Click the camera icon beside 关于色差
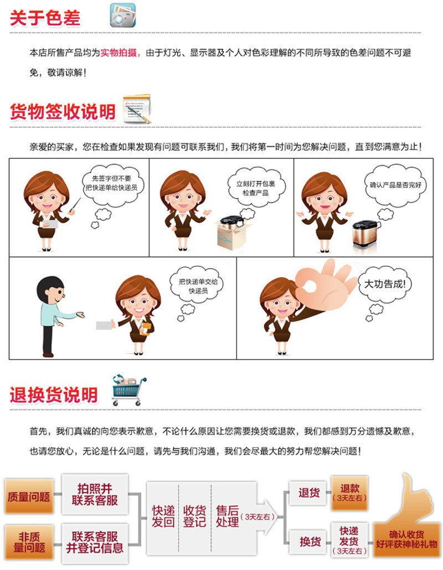coord(122,15)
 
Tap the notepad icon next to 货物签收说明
coord(137,109)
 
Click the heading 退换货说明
coord(54,395)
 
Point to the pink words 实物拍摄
coord(119,53)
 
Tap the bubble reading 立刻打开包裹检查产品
coord(256,188)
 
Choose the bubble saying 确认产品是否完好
coord(395,185)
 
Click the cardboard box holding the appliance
coord(233,235)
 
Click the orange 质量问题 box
coord(29,496)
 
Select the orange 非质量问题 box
coord(29,542)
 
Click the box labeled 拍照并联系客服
coord(95,494)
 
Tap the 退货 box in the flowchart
coord(309,493)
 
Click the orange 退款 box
coord(349,493)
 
